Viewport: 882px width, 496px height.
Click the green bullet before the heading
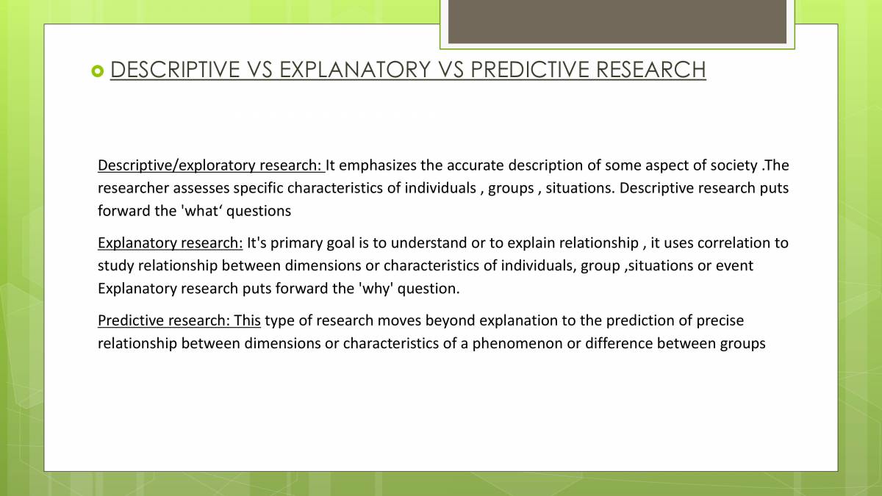point(98,71)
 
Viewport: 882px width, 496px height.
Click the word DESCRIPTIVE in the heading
point(175,70)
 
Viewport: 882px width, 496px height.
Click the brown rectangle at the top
point(617,21)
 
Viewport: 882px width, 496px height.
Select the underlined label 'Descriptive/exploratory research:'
point(211,165)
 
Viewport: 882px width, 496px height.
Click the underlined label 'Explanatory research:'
point(170,242)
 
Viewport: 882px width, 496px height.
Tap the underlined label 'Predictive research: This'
point(179,320)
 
